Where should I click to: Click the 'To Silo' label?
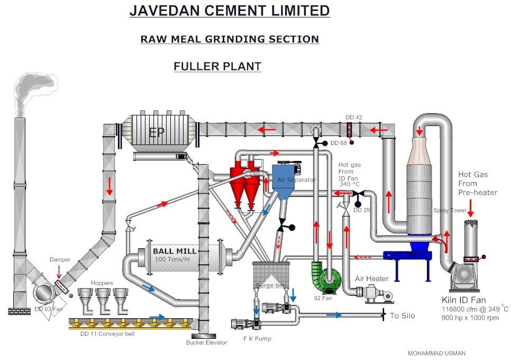[x=402, y=316]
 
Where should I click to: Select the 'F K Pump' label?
[x=257, y=338]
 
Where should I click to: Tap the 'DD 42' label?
[x=354, y=117]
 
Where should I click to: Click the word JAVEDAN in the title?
[x=166, y=11]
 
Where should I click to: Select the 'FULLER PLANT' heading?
[x=217, y=67]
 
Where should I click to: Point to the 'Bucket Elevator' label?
[x=206, y=343]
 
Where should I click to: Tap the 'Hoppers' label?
[x=102, y=283]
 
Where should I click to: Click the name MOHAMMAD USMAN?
[x=436, y=353]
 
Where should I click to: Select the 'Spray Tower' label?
[x=450, y=210]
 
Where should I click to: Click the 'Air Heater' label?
[x=371, y=278]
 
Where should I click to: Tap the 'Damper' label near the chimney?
[x=60, y=260]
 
